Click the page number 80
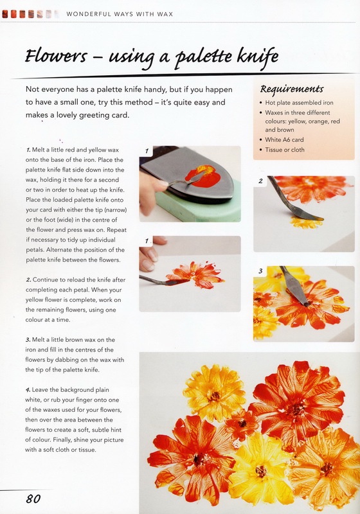click(33, 499)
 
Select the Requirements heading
click(292, 89)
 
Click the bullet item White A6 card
click(284, 139)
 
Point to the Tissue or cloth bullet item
click(285, 150)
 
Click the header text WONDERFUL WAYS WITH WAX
click(120, 14)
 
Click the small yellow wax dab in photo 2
click(305, 223)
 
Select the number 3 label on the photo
click(260, 271)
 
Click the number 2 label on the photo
click(260, 181)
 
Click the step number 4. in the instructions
click(28, 390)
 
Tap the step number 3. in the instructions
click(28, 340)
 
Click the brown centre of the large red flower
click(296, 409)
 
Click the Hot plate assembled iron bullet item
click(299, 103)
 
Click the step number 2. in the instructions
click(28, 280)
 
